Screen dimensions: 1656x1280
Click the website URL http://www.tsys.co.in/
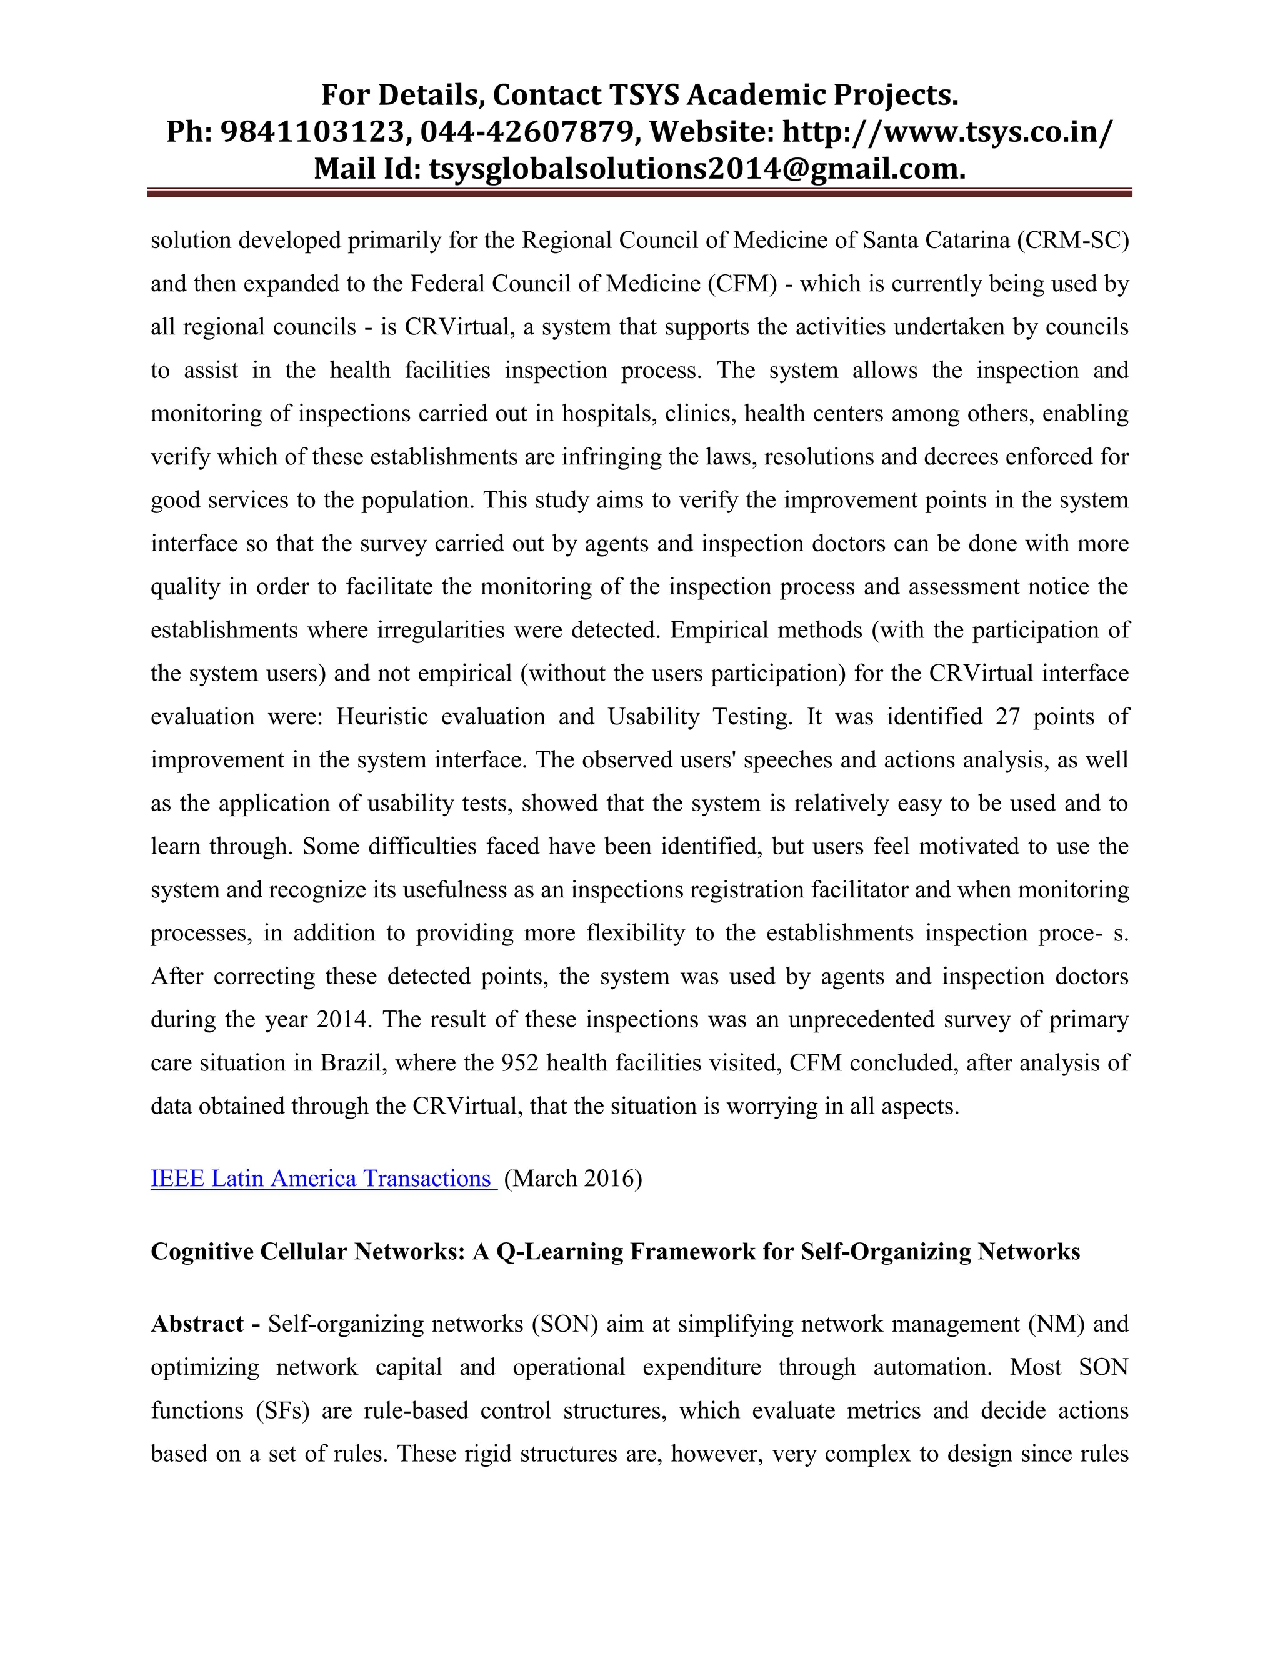[x=947, y=132]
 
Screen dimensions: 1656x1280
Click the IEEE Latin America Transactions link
[x=323, y=1179]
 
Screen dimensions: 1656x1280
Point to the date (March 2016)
[x=572, y=1179]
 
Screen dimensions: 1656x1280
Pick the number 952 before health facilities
[x=519, y=1063]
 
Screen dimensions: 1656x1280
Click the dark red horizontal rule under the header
[x=639, y=193]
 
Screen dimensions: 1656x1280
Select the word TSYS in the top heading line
[x=644, y=96]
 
